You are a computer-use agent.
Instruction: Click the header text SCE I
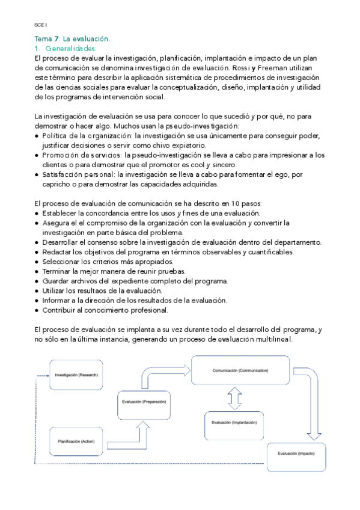[x=41, y=25]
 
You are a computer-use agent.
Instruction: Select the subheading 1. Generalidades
[x=66, y=49]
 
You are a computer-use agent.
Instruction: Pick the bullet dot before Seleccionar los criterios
[x=37, y=262]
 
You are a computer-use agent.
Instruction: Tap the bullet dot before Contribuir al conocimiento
[x=37, y=310]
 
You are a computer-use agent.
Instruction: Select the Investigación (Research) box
[x=76, y=375]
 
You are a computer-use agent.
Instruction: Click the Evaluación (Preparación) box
[x=144, y=401]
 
